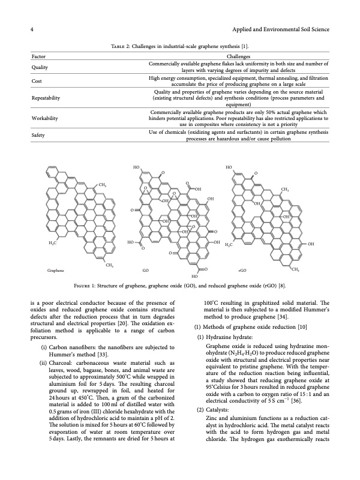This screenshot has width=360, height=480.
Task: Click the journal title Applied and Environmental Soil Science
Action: click(x=280, y=30)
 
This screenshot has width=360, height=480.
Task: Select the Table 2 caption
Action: click(x=179, y=46)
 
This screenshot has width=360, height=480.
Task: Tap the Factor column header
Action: click(x=38, y=56)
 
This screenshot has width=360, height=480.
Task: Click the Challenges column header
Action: click(x=239, y=56)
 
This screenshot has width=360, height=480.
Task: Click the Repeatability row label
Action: click(x=46, y=97)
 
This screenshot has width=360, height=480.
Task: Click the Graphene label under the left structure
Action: click(x=56, y=271)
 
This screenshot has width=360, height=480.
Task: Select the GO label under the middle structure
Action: click(x=145, y=271)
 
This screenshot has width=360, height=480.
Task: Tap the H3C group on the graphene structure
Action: click(x=52, y=244)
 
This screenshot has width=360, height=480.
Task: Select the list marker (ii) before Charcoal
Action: click(x=44, y=363)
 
